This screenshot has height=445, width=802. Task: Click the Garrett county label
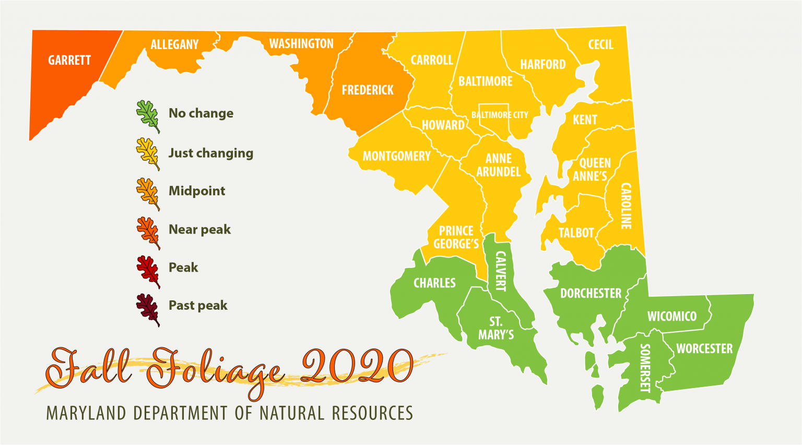[x=69, y=61]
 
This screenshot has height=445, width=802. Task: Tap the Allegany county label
[x=174, y=45]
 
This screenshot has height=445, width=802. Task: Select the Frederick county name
[x=368, y=90]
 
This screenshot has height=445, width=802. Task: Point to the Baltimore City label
[x=500, y=115]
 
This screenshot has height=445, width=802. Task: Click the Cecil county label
[x=600, y=45]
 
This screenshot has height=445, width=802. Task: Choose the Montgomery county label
[x=396, y=156]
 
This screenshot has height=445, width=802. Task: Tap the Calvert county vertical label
[x=500, y=271]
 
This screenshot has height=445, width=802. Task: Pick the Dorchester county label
[x=591, y=294]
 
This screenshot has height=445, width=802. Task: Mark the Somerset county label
[x=645, y=368]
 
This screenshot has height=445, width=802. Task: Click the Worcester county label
[x=704, y=349]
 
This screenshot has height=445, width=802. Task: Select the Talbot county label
[x=576, y=233]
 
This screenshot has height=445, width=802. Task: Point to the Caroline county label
[x=626, y=206]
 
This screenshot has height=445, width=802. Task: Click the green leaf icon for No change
[x=148, y=116]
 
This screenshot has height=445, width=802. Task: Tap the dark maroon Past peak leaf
[x=148, y=310]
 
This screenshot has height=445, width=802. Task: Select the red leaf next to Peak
[x=148, y=271]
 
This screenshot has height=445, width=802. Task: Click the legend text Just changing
[x=210, y=153]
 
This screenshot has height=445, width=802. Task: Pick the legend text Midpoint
[x=196, y=191]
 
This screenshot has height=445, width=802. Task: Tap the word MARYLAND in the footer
[x=86, y=414]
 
